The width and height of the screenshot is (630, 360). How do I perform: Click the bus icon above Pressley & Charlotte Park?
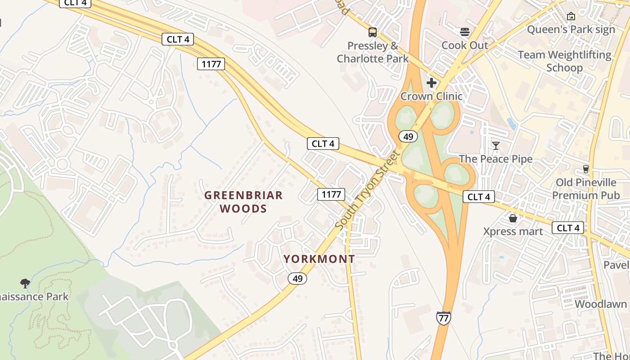click(373, 32)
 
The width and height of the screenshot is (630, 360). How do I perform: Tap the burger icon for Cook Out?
click(465, 32)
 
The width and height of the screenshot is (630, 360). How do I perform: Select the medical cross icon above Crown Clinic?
click(432, 83)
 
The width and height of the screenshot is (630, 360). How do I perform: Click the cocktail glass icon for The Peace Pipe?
click(495, 145)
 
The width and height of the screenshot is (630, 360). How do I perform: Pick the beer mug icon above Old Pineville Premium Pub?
click(585, 169)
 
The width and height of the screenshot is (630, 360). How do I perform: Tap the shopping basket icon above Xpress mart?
click(513, 218)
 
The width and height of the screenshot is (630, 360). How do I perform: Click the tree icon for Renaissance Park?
click(25, 283)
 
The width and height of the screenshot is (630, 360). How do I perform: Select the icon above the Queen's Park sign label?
click(571, 16)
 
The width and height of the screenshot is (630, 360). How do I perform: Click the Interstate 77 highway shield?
click(443, 318)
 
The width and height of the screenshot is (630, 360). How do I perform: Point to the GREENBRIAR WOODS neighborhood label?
click(243, 202)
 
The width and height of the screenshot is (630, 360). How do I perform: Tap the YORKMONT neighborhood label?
click(319, 259)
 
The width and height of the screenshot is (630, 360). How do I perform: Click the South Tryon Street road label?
click(368, 190)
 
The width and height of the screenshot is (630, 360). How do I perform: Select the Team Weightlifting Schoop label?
click(564, 61)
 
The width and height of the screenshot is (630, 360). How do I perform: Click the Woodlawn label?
click(600, 304)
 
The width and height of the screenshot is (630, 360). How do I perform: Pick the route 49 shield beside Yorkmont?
click(297, 279)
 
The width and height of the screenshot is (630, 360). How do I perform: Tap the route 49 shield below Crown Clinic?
click(408, 136)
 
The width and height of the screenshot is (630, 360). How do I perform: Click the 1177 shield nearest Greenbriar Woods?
click(331, 194)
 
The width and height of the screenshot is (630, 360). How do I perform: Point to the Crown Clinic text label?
click(431, 96)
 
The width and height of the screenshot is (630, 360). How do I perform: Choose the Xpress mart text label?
click(513, 231)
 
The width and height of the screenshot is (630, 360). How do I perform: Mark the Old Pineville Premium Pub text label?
click(585, 189)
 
